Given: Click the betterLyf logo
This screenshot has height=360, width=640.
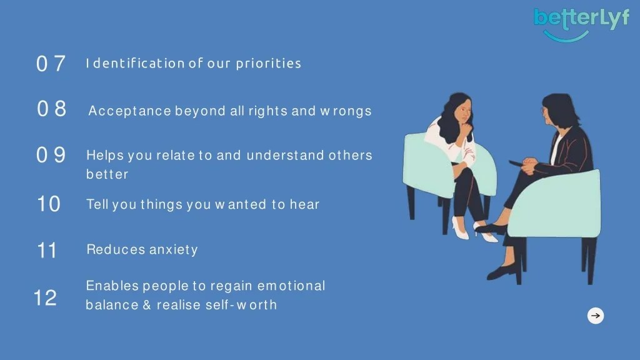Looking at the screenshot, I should [x=581, y=22].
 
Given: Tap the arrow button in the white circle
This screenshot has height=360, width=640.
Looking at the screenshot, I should [x=596, y=316].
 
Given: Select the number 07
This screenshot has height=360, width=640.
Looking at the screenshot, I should [x=51, y=64].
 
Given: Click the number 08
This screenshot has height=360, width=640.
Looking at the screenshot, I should [x=51, y=109].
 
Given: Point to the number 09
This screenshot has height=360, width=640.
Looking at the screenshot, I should [x=51, y=155].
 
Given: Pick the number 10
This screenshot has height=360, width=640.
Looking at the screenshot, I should [x=49, y=204].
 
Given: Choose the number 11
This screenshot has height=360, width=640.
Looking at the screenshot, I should [x=47, y=251].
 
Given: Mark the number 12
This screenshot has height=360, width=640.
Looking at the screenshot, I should [x=45, y=298].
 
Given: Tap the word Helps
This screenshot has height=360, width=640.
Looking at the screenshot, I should [x=105, y=155].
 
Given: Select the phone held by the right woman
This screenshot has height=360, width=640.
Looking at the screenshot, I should [x=516, y=162].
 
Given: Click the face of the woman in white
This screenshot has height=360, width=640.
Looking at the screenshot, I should [x=462, y=113].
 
